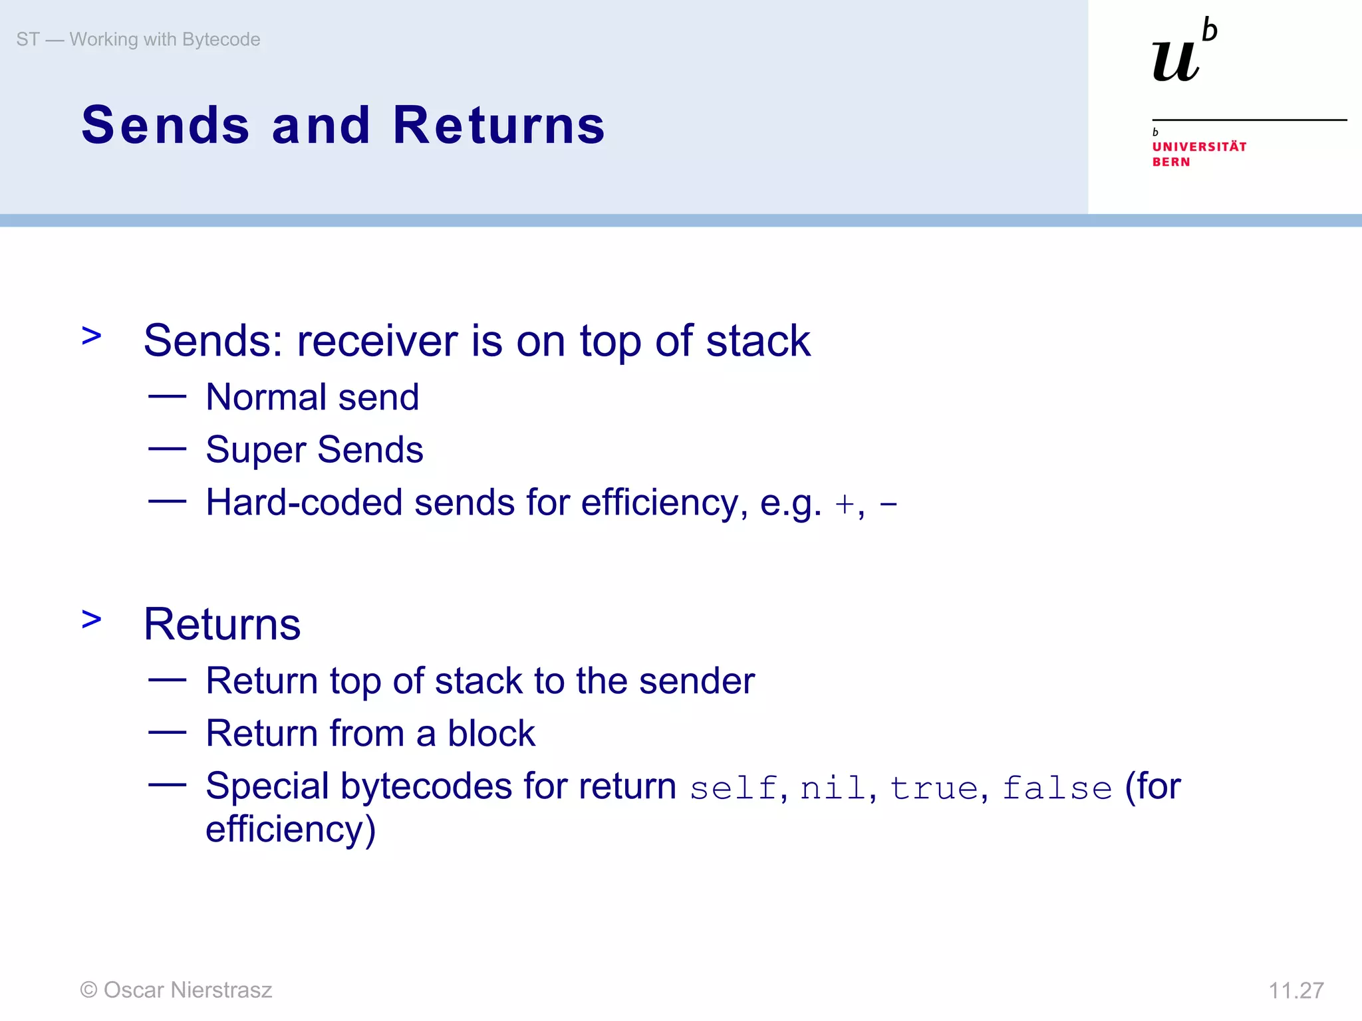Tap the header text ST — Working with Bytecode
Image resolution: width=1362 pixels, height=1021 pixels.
138,39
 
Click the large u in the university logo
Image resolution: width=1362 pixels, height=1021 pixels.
1176,61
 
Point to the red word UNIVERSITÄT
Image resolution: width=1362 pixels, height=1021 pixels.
1199,146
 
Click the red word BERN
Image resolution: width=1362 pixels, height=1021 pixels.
1171,162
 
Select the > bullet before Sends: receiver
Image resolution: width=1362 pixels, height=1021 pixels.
91,336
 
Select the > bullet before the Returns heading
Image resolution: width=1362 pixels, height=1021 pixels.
91,620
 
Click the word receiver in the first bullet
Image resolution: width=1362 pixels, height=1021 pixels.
378,341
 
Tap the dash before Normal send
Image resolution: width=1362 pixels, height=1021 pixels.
167,397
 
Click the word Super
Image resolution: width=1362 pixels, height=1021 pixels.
255,450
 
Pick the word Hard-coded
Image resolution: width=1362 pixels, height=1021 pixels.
304,503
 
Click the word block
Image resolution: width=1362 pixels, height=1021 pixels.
491,734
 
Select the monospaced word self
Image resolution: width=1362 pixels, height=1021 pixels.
733,789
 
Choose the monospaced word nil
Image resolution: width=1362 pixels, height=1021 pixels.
833,789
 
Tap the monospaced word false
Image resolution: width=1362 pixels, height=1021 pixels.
1057,789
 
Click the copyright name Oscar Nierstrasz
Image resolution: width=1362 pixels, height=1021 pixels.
188,990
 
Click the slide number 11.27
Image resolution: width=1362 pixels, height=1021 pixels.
1295,990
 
